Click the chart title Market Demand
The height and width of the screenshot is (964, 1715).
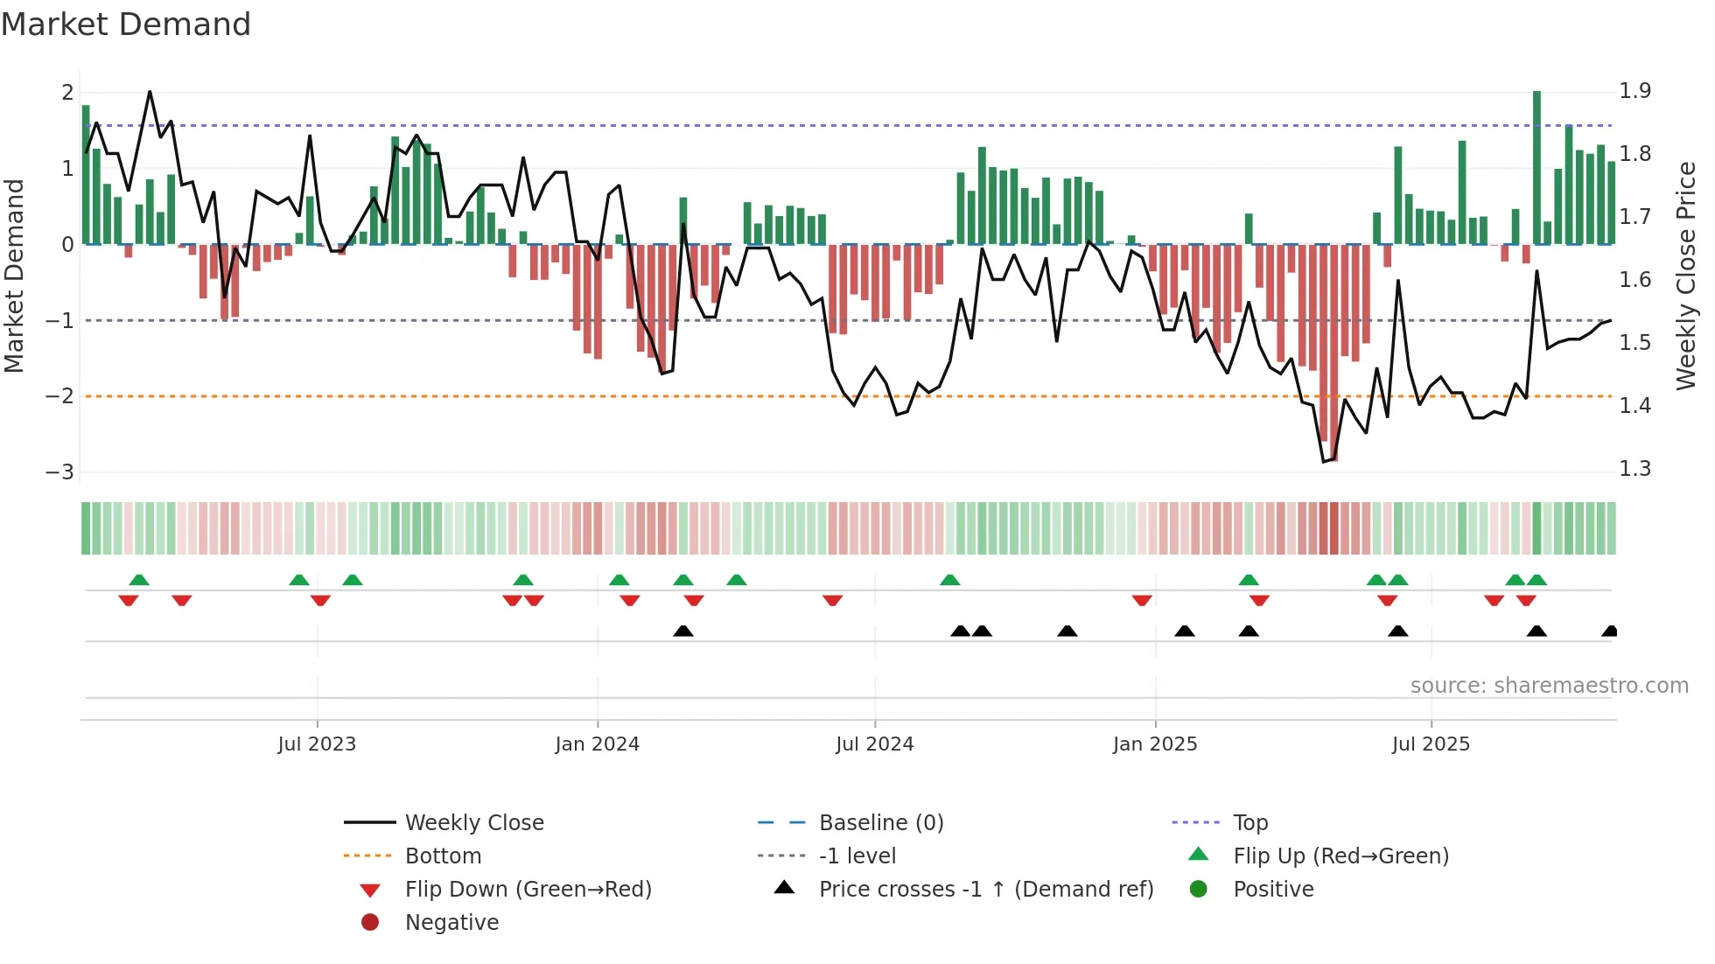click(126, 24)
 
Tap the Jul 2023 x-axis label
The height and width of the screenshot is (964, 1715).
click(317, 744)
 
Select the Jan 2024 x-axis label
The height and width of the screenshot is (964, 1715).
click(597, 744)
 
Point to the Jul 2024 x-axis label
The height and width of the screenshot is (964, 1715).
click(874, 744)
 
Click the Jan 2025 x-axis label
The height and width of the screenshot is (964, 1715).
click(1154, 744)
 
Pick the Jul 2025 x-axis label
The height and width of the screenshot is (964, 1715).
click(1431, 744)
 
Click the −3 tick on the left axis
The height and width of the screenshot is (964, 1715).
click(59, 472)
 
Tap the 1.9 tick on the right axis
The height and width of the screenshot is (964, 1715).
click(1634, 91)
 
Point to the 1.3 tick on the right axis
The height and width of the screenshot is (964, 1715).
click(1634, 469)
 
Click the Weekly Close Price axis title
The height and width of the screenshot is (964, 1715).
click(1685, 276)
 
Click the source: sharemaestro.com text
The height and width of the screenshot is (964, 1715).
click(1549, 686)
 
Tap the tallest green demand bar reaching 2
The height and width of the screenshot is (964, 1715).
click(1536, 166)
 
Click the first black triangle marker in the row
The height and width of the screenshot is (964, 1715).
click(683, 631)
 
